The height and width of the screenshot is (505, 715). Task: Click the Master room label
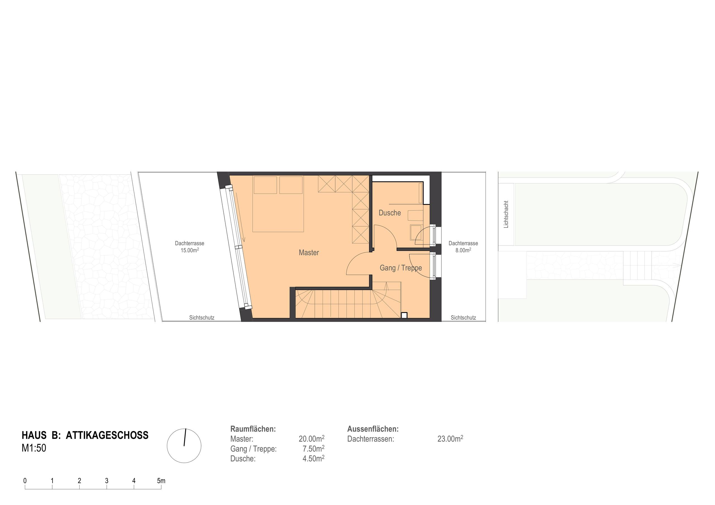point(309,252)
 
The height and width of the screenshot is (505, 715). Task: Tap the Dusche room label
point(390,213)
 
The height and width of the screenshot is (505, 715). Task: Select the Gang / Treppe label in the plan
point(401,268)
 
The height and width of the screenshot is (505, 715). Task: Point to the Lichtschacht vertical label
point(506,214)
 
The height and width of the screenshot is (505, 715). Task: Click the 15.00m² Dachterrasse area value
point(190,250)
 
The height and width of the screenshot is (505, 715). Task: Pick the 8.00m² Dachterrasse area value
point(463,250)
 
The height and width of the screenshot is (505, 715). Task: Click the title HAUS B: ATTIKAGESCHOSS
point(85,435)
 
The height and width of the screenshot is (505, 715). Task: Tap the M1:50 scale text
point(34,448)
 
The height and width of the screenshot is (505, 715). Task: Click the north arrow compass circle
point(184,446)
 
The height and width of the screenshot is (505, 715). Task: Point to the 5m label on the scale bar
point(161,481)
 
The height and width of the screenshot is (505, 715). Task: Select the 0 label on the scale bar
point(25,481)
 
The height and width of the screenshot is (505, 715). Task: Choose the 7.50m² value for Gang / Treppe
point(313,449)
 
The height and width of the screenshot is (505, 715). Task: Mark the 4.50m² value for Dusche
point(313,458)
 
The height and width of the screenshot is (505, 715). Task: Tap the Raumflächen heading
point(253,429)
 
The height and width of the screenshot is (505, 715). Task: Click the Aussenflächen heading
point(373,429)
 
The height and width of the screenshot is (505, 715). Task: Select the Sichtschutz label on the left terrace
point(202,318)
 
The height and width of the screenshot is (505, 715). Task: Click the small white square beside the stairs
point(404,315)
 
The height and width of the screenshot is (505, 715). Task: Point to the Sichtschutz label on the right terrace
point(463,318)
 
